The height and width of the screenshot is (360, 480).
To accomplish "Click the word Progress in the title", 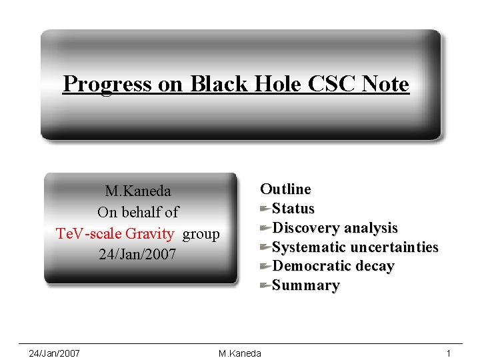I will pos(107,85).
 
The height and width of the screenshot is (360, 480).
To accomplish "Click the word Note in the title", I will pos(385,85).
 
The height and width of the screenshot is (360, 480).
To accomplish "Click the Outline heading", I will pos(285,189).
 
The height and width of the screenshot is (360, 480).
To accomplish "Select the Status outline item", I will pos(293,209).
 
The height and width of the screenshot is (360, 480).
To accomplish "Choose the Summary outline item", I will pos(306,286).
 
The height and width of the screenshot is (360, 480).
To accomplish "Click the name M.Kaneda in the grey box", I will pos(138,191).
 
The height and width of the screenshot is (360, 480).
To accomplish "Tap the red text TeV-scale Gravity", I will pos(115,234).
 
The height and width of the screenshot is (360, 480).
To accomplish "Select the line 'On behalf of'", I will pos(138,213).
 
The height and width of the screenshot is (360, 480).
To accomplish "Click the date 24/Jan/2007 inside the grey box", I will pos(138,255).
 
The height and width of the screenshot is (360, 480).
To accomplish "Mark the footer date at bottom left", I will pos(55,353).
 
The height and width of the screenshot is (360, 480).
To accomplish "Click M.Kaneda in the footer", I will pos(240,353).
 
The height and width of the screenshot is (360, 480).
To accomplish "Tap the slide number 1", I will pos(449,353).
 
